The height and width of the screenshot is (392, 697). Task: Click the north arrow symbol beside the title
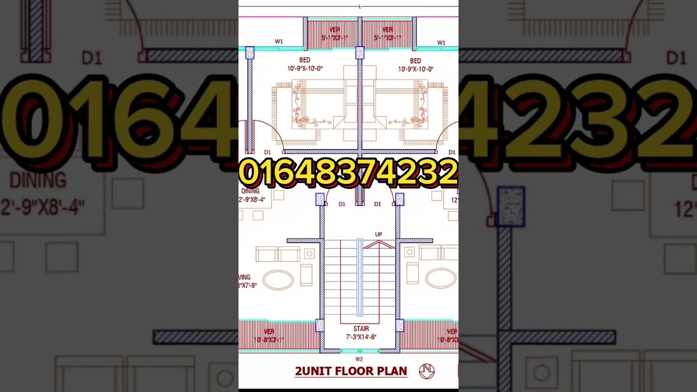click(x=426, y=371)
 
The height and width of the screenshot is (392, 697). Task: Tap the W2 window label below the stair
click(x=359, y=359)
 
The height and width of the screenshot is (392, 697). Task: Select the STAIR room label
click(x=360, y=329)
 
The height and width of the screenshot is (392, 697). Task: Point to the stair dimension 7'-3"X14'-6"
click(x=360, y=337)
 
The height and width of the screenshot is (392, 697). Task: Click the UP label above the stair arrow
click(x=378, y=235)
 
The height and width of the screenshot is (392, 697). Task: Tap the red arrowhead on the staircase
click(x=378, y=243)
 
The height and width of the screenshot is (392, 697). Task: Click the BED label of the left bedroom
click(x=304, y=60)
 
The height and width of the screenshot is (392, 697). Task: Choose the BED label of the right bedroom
click(x=415, y=61)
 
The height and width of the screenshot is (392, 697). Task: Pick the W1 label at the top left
click(x=279, y=41)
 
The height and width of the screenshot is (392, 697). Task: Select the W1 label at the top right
click(x=441, y=42)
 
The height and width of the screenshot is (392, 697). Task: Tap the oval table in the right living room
click(x=441, y=278)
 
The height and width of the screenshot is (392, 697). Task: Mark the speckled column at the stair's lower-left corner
click(x=320, y=325)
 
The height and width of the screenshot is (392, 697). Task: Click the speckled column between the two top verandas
click(x=359, y=53)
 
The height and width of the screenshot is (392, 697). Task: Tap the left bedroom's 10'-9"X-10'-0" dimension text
click(x=305, y=69)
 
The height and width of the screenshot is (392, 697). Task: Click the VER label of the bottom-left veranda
click(x=269, y=331)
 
